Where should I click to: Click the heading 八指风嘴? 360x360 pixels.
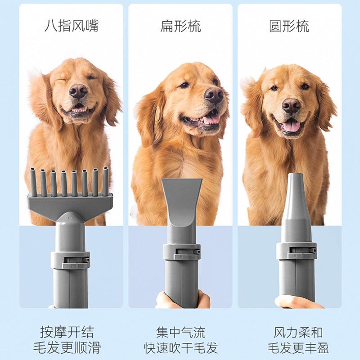tap(72, 26)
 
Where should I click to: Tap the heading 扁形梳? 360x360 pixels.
tap(180, 26)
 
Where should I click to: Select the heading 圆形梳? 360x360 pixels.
tap(289, 26)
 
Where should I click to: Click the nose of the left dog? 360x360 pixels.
tap(78, 91)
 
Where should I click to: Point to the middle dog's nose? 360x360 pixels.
tap(213, 94)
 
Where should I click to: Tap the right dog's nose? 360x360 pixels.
tap(291, 105)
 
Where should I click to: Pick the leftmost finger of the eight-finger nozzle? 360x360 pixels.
tap(33, 182)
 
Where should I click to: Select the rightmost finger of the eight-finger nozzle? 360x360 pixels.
tap(106, 181)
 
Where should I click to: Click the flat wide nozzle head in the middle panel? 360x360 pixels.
tap(182, 202)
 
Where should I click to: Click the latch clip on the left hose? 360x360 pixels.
tap(75, 262)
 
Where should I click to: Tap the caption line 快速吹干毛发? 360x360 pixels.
tap(181, 348)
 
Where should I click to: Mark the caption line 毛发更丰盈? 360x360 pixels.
tap(298, 348)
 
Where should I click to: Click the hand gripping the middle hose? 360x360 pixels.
tap(183, 300)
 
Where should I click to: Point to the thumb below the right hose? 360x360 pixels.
tap(298, 301)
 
